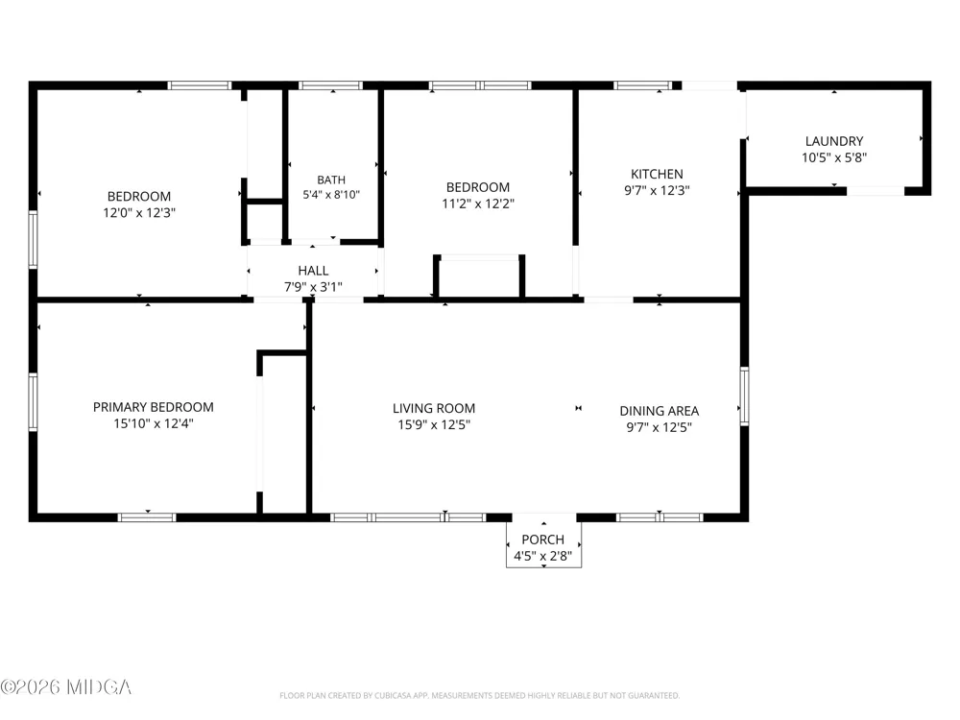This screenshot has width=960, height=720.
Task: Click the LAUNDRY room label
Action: click(x=834, y=141)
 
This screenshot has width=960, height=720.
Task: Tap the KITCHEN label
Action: click(x=657, y=174)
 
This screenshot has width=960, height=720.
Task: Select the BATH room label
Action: click(x=331, y=180)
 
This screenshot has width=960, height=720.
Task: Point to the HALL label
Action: click(x=313, y=270)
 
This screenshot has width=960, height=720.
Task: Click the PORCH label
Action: click(x=543, y=540)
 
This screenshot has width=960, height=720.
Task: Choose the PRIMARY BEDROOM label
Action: click(x=153, y=407)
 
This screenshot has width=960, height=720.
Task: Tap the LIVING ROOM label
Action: click(x=434, y=408)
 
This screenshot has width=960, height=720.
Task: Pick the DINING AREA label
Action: click(x=659, y=411)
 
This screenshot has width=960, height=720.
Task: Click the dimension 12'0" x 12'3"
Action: click(x=139, y=212)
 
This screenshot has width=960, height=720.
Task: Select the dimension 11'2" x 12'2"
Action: click(x=478, y=204)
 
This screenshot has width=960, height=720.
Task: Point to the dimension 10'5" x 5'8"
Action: click(x=834, y=157)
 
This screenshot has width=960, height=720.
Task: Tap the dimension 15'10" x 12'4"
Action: click(x=153, y=423)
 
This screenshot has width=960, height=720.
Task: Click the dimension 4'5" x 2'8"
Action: click(x=543, y=556)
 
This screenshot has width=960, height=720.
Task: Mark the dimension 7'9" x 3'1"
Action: click(x=313, y=286)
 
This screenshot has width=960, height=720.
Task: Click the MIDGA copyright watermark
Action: click(x=66, y=687)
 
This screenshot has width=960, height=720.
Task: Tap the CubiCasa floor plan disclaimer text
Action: click(x=479, y=695)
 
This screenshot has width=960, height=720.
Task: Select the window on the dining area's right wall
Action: click(x=745, y=396)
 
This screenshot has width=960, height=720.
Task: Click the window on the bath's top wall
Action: click(x=330, y=85)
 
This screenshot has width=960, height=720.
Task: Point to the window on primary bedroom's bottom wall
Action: click(x=147, y=517)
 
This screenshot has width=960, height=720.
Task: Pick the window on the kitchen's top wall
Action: click(x=643, y=85)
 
